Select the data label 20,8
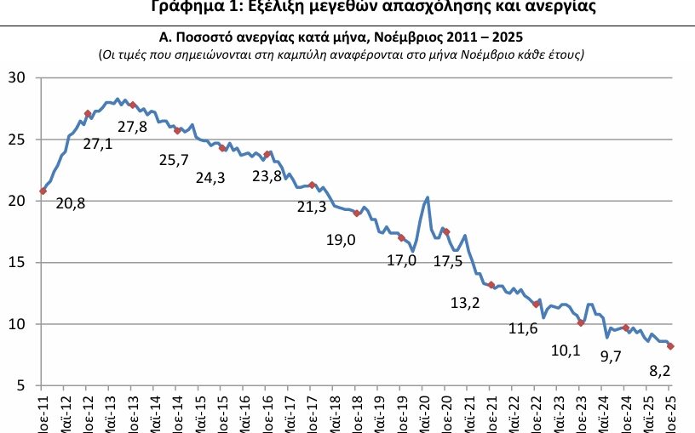71,203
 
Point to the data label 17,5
448,261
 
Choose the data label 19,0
341,240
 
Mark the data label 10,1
565,349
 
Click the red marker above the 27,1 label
88,113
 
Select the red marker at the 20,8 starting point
43,191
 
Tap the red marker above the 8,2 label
670,346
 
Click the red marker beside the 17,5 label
446,231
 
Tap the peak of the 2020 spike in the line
427,197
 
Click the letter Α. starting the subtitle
167,37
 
